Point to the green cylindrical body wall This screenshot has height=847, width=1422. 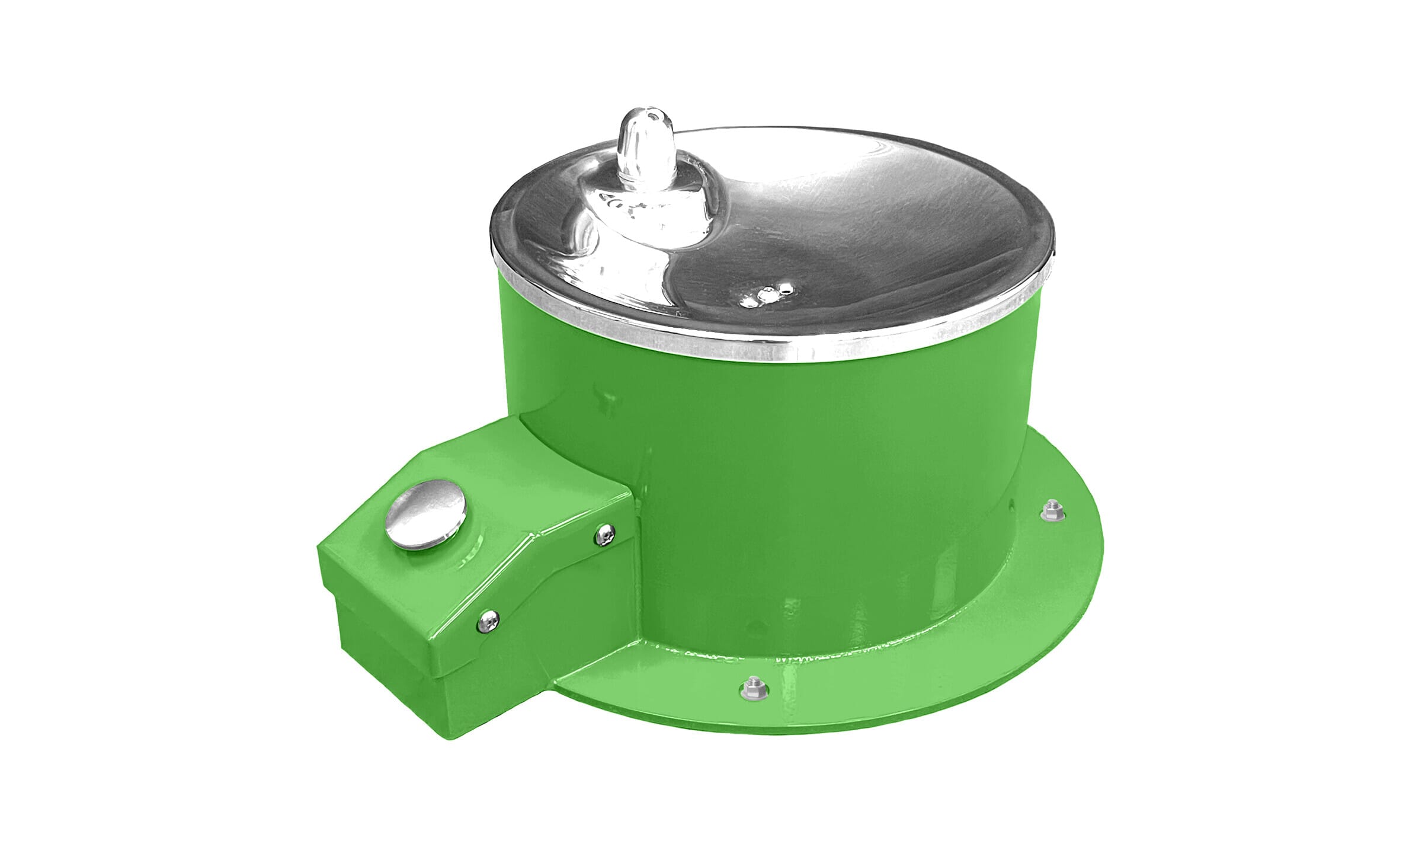pos(829,474)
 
